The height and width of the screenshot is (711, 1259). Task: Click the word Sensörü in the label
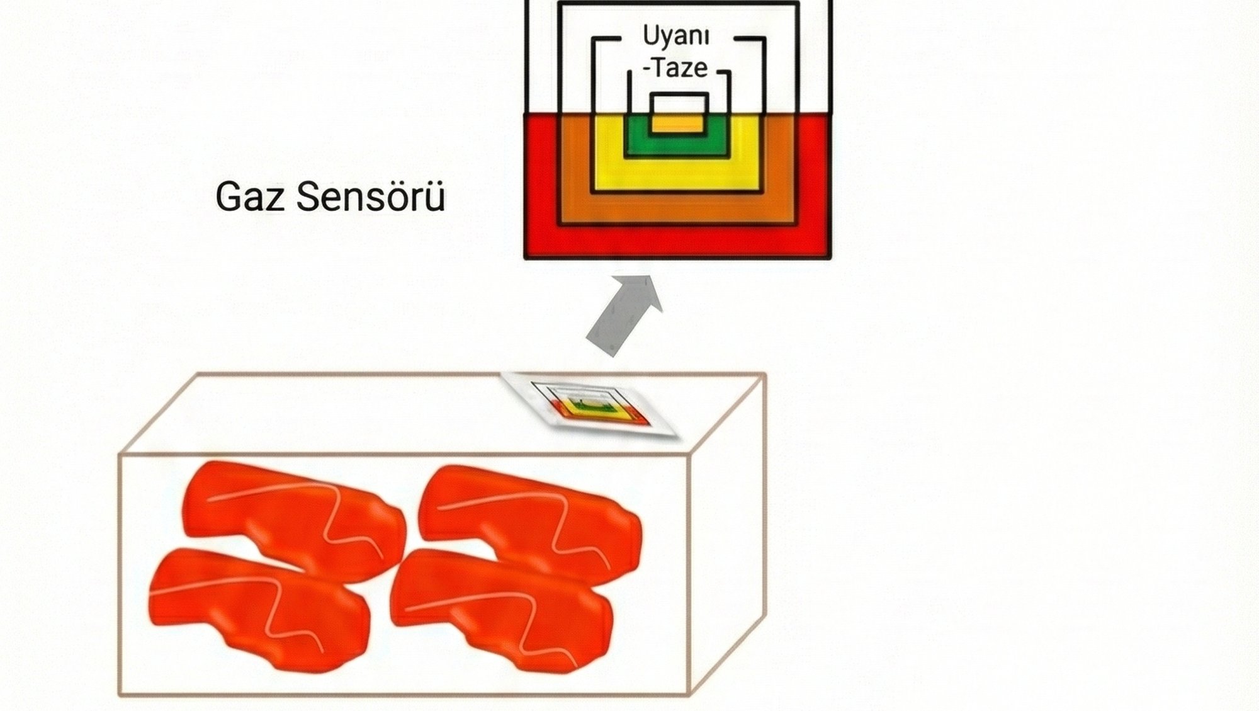tap(371, 196)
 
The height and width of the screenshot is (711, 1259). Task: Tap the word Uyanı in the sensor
tap(675, 36)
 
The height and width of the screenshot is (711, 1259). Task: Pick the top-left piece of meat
tap(293, 516)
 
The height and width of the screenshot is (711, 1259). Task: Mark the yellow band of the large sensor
tap(677, 173)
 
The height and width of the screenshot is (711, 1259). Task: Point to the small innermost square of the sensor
tap(679, 113)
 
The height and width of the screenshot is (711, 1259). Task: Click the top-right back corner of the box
tap(764, 374)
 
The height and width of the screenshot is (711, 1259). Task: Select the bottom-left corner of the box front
tap(120, 694)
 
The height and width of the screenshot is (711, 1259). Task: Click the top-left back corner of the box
tap(198, 374)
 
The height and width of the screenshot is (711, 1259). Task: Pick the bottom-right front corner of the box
tap(689, 694)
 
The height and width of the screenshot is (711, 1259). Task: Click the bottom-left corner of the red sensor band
tap(526, 256)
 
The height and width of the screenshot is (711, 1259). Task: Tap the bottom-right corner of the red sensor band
tap(830, 256)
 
